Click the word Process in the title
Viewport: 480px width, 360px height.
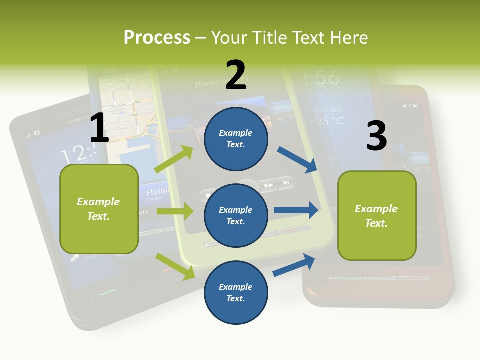[x=157, y=37]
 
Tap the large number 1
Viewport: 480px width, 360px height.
[x=99, y=128]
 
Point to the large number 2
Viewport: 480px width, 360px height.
[x=236, y=75]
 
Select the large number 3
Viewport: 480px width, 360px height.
[x=376, y=136]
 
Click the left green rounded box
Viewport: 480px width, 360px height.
[x=99, y=209]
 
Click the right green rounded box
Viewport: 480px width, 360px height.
[x=377, y=216]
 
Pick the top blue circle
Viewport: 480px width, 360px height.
[x=236, y=139]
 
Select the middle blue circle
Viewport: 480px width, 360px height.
[x=236, y=216]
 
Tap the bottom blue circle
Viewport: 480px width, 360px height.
[x=236, y=293]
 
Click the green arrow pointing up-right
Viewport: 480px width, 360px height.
[x=174, y=159]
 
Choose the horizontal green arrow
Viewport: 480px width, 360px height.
[x=175, y=211]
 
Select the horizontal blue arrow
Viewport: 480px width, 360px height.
[x=296, y=210]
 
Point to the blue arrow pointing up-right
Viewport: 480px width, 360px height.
[x=294, y=265]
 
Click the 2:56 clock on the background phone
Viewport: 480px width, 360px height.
[x=318, y=78]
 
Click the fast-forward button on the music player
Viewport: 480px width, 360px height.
[x=269, y=185]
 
